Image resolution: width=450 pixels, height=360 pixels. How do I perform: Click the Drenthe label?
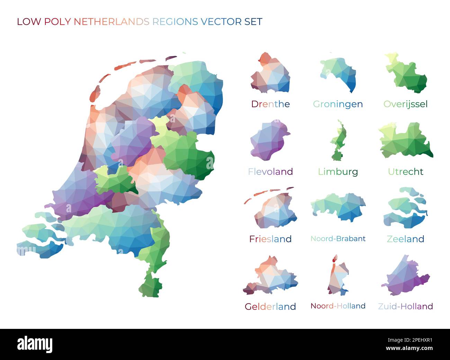pyautogui.click(x=270, y=104)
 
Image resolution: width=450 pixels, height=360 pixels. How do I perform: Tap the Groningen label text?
pyautogui.click(x=338, y=104)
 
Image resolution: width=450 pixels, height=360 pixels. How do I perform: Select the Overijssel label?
pyautogui.click(x=405, y=104)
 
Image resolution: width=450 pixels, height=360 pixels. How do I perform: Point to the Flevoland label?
pyautogui.click(x=270, y=172)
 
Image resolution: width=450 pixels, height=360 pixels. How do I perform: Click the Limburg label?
pyautogui.click(x=338, y=172)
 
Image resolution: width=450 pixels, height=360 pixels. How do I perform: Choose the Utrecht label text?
pyautogui.click(x=405, y=172)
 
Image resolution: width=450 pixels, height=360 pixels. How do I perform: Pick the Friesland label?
pyautogui.click(x=270, y=239)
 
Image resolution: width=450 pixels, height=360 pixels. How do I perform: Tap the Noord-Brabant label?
pyautogui.click(x=338, y=239)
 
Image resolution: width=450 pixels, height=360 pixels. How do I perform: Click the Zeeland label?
pyautogui.click(x=405, y=239)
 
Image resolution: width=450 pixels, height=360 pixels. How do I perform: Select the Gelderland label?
pyautogui.click(x=270, y=306)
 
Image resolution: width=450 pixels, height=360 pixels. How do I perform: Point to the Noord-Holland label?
pyautogui.click(x=338, y=306)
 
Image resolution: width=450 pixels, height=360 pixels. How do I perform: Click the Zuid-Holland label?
pyautogui.click(x=405, y=306)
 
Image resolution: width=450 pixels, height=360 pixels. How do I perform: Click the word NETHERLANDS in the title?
pyautogui.click(x=111, y=22)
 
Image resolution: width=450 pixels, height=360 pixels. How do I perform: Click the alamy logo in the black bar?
pyautogui.click(x=35, y=344)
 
